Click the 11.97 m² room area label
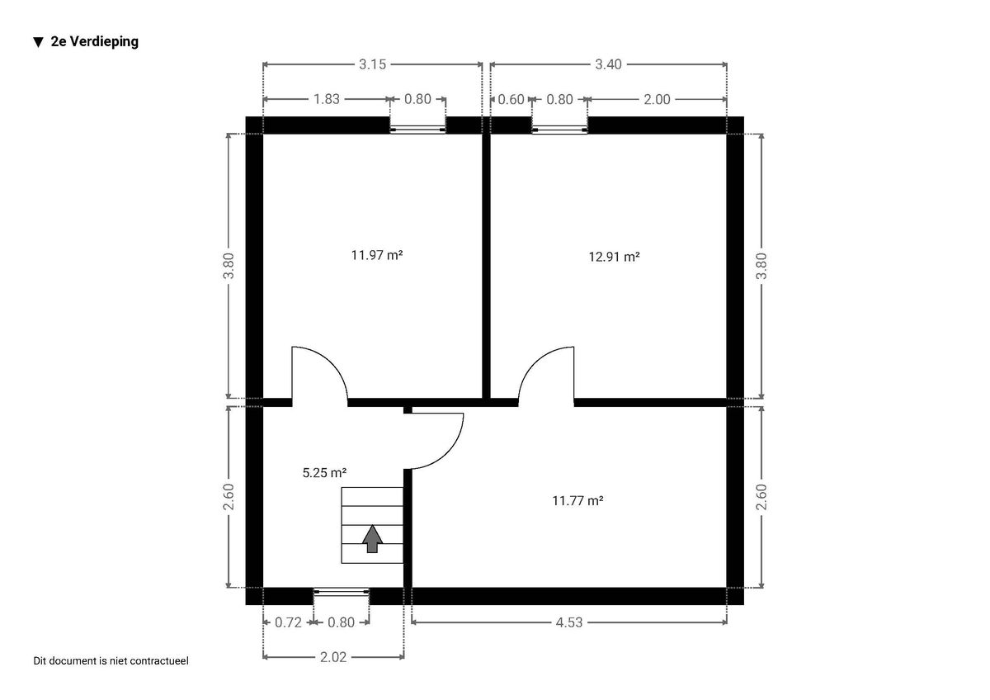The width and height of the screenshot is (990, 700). (x=377, y=256)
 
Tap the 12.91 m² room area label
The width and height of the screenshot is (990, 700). (x=615, y=257)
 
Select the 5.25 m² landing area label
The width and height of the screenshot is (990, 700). (x=324, y=473)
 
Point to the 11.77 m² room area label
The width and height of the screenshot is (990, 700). (x=577, y=500)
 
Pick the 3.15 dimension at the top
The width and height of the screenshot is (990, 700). (x=373, y=64)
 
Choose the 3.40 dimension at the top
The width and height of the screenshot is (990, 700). (x=609, y=64)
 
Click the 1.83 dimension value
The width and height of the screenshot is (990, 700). (x=327, y=99)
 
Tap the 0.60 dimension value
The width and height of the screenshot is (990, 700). (x=511, y=100)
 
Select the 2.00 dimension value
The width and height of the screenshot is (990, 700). (x=657, y=100)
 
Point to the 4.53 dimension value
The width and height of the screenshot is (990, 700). (x=569, y=622)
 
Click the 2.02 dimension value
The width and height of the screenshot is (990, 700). (x=333, y=657)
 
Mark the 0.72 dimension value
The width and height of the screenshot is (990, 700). (x=288, y=622)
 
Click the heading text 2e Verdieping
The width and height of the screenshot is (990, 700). (x=95, y=41)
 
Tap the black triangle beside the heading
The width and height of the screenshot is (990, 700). (x=39, y=42)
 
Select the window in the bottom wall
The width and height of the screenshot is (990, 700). (x=342, y=592)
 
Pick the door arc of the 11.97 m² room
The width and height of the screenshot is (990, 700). (x=331, y=362)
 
